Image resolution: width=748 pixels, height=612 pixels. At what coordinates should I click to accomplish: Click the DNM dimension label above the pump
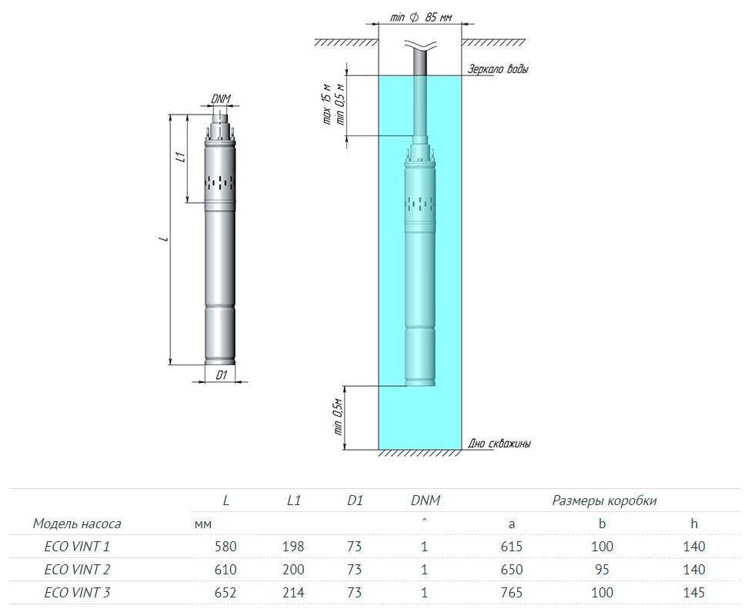click(x=221, y=98)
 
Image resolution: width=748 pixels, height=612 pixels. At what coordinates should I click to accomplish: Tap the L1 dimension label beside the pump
click(x=180, y=158)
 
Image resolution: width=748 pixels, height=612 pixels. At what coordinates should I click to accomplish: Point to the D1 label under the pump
click(x=222, y=375)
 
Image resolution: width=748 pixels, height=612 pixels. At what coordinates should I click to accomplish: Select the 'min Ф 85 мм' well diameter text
click(x=421, y=18)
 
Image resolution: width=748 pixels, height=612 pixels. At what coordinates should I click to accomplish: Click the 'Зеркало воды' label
click(x=498, y=68)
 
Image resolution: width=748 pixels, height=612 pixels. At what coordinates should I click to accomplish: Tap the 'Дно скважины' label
click(x=499, y=444)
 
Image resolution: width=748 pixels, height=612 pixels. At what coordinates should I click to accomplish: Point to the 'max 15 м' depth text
click(x=327, y=105)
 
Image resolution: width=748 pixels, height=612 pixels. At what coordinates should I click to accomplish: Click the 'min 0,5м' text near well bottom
click(x=339, y=416)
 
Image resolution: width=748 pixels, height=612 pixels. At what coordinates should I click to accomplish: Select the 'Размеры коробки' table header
click(x=604, y=501)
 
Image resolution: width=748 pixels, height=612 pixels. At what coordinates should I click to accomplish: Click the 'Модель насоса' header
click(x=77, y=524)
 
